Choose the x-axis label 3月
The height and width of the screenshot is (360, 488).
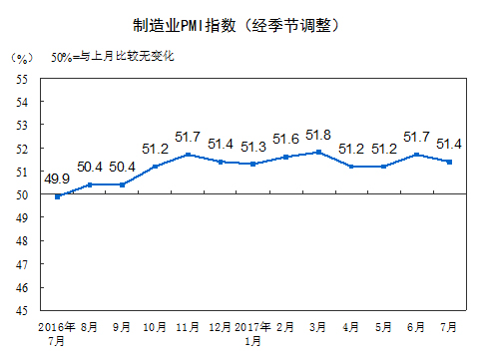(319, 326)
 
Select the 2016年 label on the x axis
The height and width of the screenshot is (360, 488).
(57, 326)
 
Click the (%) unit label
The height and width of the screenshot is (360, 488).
(23, 58)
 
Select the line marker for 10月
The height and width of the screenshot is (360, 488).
(156, 166)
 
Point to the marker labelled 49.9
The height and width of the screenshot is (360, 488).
(58, 196)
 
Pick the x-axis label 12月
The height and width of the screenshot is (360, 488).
(222, 326)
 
